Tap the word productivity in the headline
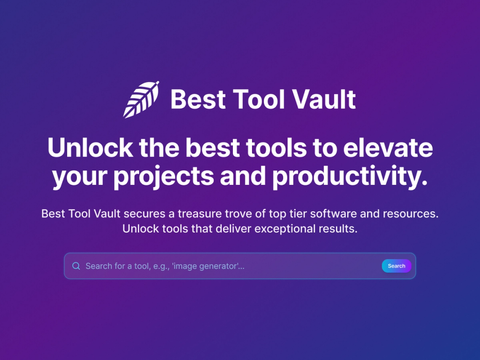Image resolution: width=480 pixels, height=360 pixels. click(x=349, y=176)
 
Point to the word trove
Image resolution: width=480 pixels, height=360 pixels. click(x=237, y=214)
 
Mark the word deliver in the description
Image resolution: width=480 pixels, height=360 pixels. click(x=234, y=228)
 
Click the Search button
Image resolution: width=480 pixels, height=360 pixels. click(x=396, y=266)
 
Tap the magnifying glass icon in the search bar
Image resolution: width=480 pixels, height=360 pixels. click(x=76, y=266)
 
